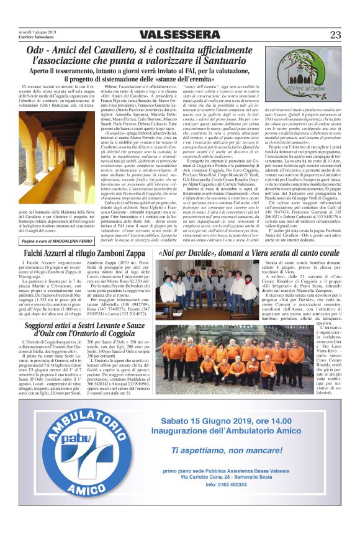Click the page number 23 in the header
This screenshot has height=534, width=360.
(335, 35)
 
